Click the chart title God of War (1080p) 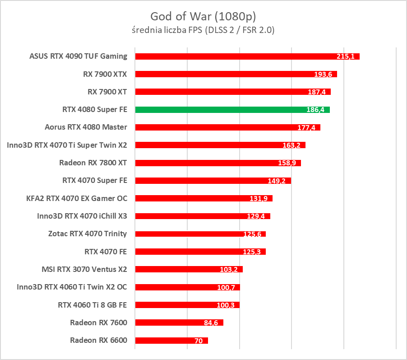(203, 17)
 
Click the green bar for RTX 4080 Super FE (232, 109)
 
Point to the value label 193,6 (324, 75)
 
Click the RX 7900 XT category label (107, 92)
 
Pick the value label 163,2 (293, 145)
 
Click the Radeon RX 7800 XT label (93, 163)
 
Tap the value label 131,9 (260, 199)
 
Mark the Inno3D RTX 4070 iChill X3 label (82, 216)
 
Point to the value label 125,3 (253, 252)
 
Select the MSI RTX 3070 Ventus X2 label (84, 269)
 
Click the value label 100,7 (227, 287)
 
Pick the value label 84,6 (211, 323)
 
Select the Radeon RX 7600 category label (98, 323)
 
